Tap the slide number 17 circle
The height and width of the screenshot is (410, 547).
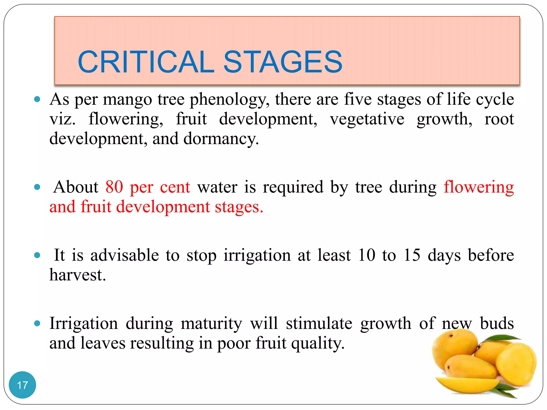click(22, 385)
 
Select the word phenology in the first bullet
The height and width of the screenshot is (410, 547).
click(228, 100)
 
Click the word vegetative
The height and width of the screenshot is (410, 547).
click(367, 119)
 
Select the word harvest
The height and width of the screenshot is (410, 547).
click(77, 275)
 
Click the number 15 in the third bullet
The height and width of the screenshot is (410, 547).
click(412, 255)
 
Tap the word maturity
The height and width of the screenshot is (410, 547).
click(211, 324)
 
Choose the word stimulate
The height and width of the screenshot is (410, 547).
click(319, 324)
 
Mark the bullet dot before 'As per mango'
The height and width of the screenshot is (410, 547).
click(37, 100)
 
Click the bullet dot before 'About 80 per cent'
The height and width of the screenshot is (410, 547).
click(37, 187)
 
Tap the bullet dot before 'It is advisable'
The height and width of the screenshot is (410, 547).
click(37, 255)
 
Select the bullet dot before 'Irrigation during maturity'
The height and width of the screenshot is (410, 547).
click(37, 324)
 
